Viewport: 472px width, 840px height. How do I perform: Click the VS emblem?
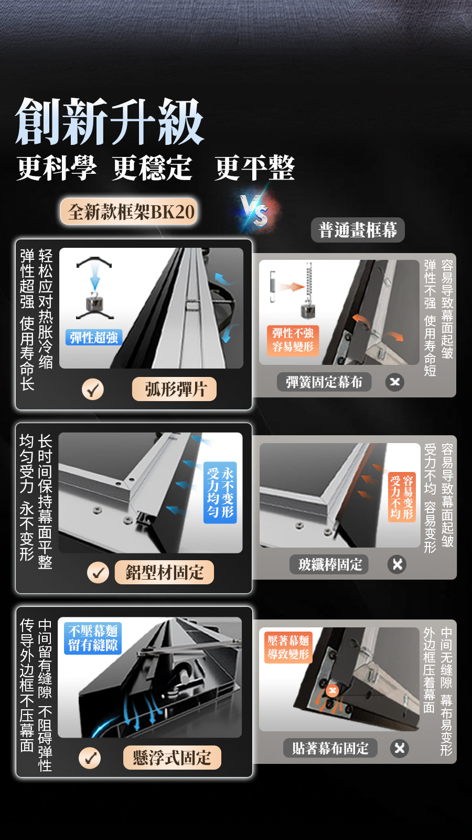[255, 210]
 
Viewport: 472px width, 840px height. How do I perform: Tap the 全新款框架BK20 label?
[129, 212]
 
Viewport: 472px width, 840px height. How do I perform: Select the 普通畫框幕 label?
[358, 230]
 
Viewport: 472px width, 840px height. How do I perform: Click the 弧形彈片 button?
[174, 389]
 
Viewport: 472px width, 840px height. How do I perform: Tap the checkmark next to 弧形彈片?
[92, 389]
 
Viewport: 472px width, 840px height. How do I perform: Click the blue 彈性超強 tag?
[94, 338]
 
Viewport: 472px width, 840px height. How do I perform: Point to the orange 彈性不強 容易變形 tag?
[293, 340]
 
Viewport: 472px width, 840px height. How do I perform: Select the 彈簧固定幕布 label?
[325, 382]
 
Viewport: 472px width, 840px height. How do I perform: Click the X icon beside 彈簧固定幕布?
[395, 382]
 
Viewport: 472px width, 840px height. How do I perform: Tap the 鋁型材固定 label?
[164, 572]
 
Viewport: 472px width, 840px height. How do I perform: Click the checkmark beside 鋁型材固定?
[98, 573]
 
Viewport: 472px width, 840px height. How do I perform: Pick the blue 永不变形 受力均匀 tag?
[220, 492]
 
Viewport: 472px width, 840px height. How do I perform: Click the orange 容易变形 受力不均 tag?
[402, 497]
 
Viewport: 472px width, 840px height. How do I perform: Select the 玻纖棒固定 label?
[329, 564]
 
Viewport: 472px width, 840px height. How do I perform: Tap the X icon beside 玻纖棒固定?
[397, 564]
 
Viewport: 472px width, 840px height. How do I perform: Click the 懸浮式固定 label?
[173, 758]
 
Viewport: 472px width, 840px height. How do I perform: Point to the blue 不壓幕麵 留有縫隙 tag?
[93, 638]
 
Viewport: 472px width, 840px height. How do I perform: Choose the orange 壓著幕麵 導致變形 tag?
[288, 648]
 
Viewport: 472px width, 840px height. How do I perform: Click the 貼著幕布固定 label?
[330, 748]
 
